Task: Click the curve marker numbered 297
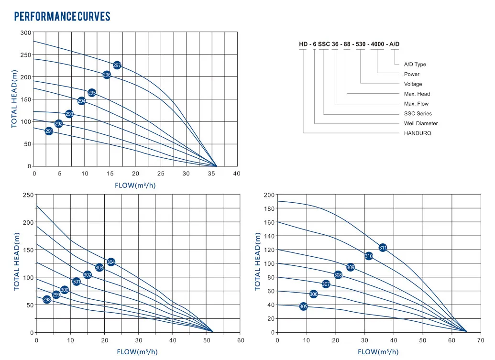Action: [x=117, y=65]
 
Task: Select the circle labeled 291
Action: [x=49, y=131]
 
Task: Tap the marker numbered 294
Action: [x=82, y=101]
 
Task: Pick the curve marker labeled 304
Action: [x=111, y=262]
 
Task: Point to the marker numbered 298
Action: [x=47, y=300]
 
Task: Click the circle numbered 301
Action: [x=77, y=282]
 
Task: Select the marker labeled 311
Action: [x=383, y=248]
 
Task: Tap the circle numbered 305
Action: [x=303, y=306]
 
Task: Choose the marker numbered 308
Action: [x=338, y=275]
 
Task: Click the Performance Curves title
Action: [x=62, y=17]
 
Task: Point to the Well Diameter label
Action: [x=420, y=123]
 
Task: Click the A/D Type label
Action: [x=415, y=65]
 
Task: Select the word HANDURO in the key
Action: [x=418, y=133]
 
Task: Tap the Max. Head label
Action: [x=417, y=94]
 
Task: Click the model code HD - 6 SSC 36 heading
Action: [x=349, y=44]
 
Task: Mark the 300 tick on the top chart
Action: [x=26, y=33]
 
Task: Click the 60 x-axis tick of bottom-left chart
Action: [x=241, y=341]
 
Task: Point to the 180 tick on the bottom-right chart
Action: [x=270, y=208]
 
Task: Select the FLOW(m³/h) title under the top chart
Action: [x=135, y=185]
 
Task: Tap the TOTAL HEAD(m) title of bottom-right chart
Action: [x=258, y=262]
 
